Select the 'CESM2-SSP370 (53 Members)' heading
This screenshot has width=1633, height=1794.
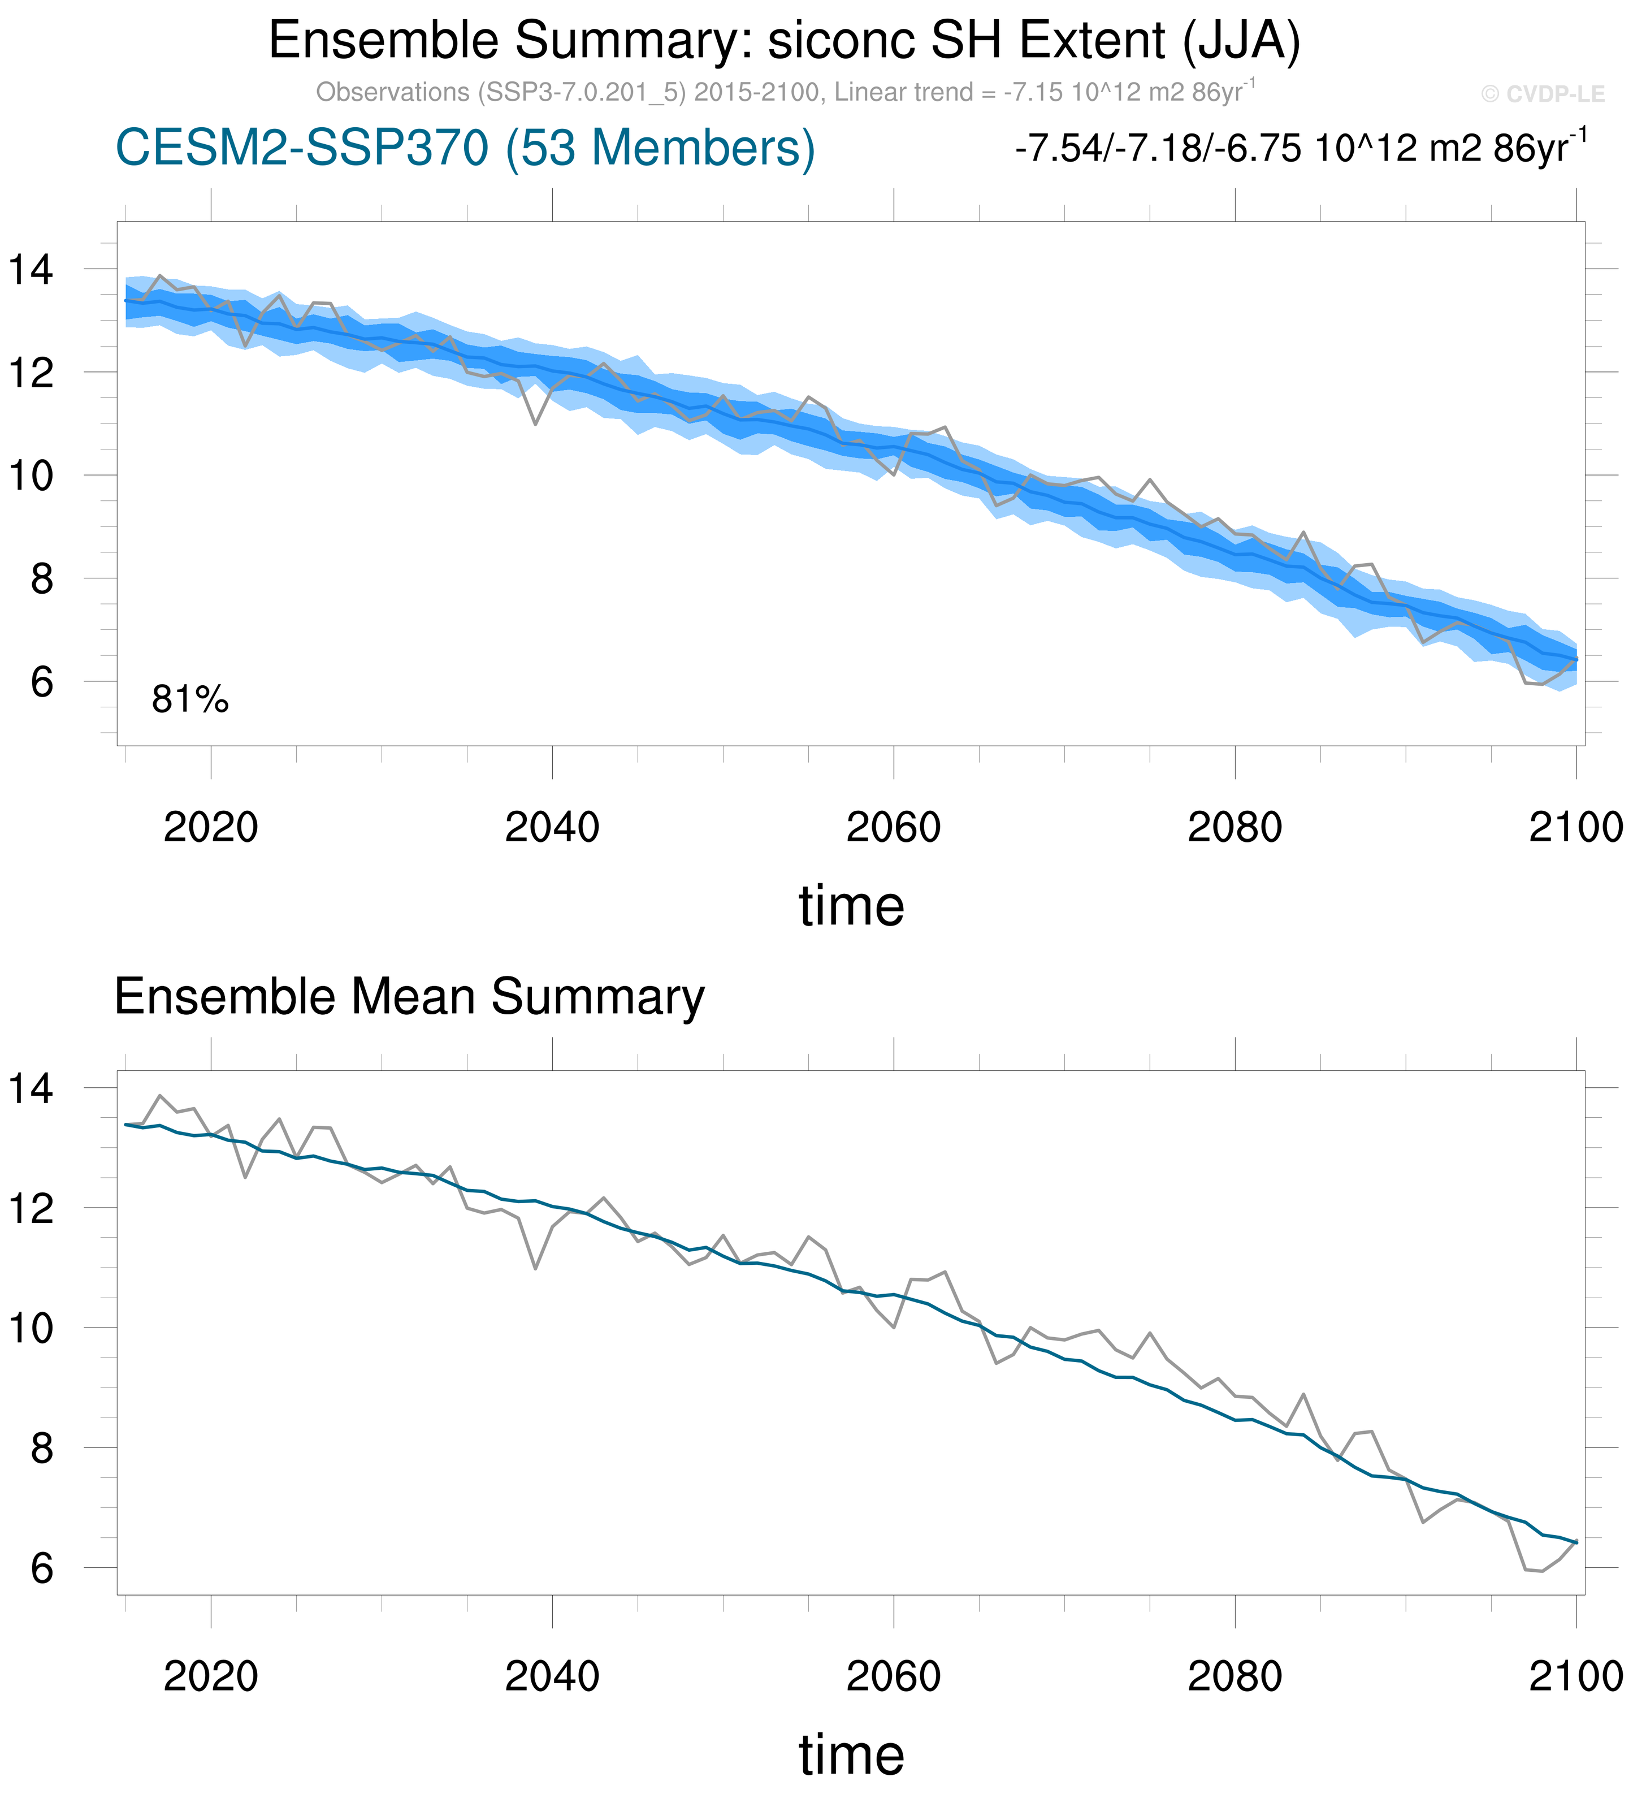(x=465, y=148)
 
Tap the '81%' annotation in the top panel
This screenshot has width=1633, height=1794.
(x=189, y=701)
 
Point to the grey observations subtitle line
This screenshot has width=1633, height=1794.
(x=785, y=93)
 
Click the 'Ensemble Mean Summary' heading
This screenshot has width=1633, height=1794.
(x=409, y=997)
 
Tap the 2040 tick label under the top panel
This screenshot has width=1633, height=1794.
(x=552, y=828)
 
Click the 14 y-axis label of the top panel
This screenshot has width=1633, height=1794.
(x=31, y=270)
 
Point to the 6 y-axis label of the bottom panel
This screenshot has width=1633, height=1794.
(x=42, y=1569)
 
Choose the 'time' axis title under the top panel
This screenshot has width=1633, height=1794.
(x=851, y=906)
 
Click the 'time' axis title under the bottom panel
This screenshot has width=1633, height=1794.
(x=851, y=1755)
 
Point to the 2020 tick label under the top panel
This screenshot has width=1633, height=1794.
(x=211, y=828)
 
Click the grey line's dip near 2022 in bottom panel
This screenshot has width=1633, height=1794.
(x=245, y=1177)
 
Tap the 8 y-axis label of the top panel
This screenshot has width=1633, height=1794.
(x=42, y=580)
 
